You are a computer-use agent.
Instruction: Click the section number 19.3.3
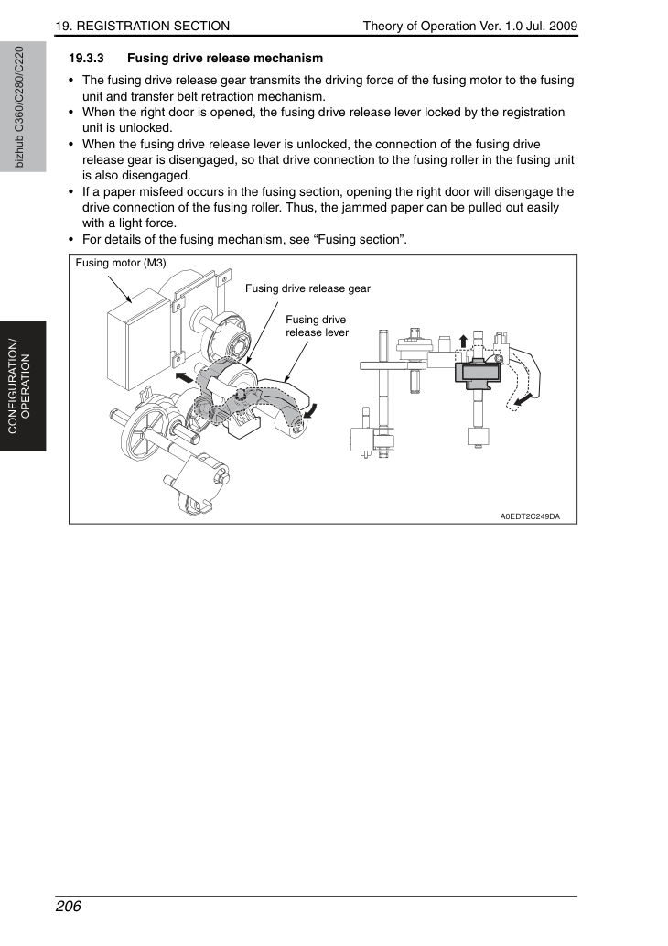tap(86, 58)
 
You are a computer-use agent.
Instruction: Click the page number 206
tap(68, 907)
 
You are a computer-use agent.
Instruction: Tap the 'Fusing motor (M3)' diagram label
tap(121, 263)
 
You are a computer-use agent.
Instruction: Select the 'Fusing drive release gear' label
tap(307, 288)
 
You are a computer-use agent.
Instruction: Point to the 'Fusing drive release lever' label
tap(317, 326)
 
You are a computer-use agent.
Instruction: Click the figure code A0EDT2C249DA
tap(530, 516)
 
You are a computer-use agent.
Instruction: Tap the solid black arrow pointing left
tap(185, 377)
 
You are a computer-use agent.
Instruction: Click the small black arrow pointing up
tap(463, 341)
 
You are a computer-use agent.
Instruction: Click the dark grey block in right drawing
tap(478, 372)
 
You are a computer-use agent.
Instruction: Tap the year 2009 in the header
tap(563, 26)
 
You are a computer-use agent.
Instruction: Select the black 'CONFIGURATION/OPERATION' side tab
tap(23, 386)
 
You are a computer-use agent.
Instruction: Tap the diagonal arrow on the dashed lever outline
tap(523, 399)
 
